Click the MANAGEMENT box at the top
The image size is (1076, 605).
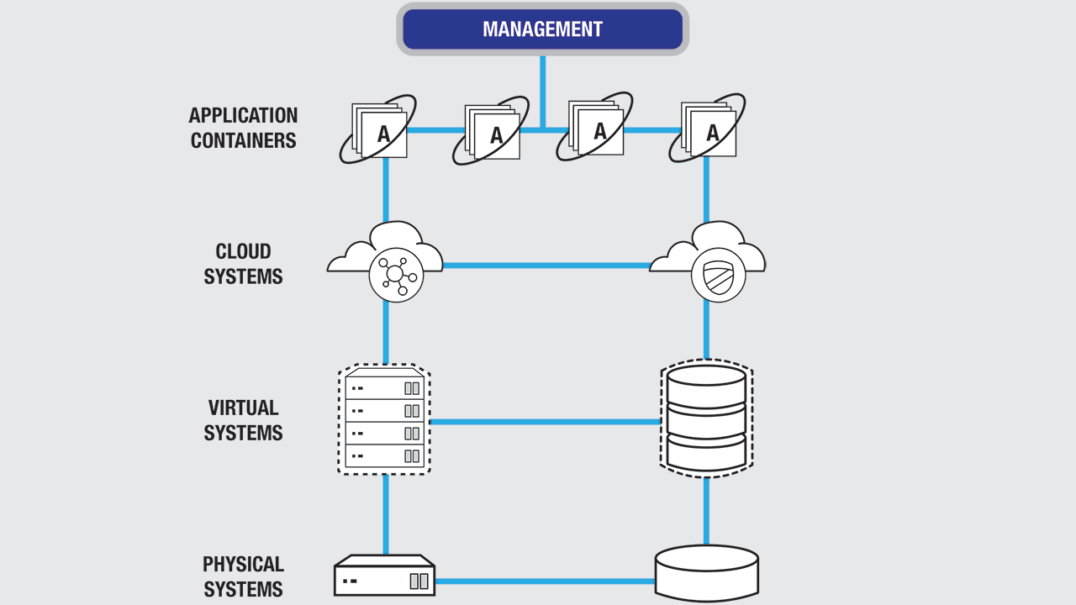[542, 29]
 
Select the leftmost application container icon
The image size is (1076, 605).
[380, 131]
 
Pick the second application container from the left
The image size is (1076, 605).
[493, 133]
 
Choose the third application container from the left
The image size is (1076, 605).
[596, 129]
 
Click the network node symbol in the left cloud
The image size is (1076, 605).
[396, 275]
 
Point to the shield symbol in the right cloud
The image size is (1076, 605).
[719, 276]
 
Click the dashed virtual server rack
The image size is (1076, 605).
[384, 420]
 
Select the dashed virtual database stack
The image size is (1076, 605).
[706, 418]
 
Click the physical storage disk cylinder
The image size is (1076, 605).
[706, 573]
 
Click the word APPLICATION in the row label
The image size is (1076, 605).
[243, 115]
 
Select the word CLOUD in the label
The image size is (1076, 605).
[243, 251]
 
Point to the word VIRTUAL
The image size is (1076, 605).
[243, 408]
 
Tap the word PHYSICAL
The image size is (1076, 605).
[243, 564]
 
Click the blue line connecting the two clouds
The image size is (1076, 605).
[546, 266]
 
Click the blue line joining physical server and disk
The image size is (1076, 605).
[545, 581]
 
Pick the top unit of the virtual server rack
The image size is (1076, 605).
[384, 387]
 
